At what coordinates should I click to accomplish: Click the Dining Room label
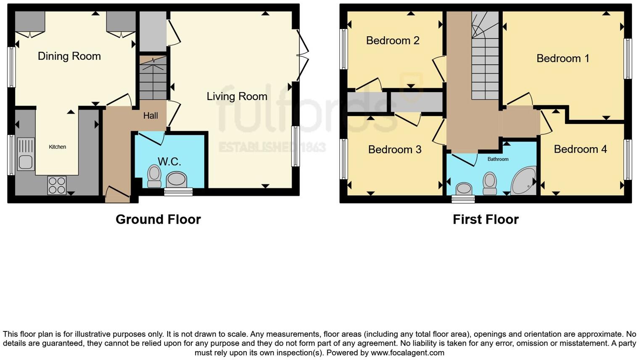click(69, 56)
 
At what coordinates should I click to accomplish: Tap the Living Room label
click(237, 96)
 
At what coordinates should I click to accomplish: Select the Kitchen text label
click(57, 147)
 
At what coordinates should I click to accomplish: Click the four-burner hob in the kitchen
click(57, 185)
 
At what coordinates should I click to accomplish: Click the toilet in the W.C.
click(154, 176)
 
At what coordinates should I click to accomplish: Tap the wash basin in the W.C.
click(177, 180)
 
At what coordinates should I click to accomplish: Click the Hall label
click(151, 116)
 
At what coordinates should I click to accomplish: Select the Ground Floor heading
click(158, 219)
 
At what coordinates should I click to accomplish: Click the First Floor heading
click(486, 219)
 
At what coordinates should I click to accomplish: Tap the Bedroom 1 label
click(563, 58)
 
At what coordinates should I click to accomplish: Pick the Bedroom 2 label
click(393, 40)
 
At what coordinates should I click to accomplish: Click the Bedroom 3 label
click(395, 149)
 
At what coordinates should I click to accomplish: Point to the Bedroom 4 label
click(580, 149)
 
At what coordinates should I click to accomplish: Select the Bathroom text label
click(498, 159)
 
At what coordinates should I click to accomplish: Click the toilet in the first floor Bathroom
click(490, 183)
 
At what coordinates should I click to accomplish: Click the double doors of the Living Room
click(302, 55)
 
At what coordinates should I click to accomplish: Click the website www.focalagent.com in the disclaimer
click(407, 352)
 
